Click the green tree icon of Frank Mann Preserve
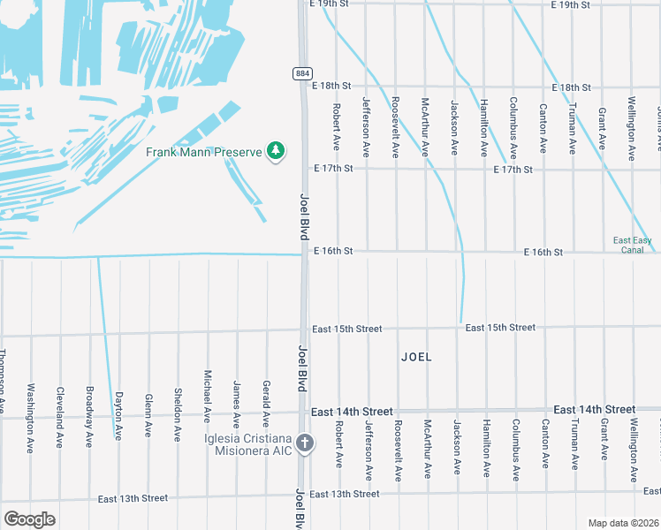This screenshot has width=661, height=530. tap(276, 152)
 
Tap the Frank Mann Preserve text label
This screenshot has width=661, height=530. tap(204, 152)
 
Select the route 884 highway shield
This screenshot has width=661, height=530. tap(302, 72)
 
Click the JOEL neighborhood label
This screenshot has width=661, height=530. tap(416, 357)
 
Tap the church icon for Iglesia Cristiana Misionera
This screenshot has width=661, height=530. tap(305, 443)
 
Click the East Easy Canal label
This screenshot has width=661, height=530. tap(633, 245)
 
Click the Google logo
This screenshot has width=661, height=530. tap(29, 519)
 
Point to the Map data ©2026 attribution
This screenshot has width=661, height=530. tap(622, 523)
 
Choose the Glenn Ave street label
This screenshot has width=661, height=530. tap(148, 413)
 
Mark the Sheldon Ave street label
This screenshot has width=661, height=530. tap(178, 414)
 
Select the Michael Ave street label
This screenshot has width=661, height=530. tap(208, 396)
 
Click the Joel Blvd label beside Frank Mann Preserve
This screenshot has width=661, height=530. tap(304, 218)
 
